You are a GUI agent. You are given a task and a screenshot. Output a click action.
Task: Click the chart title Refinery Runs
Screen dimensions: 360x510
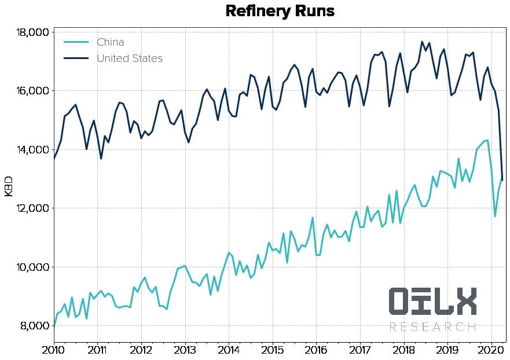280,12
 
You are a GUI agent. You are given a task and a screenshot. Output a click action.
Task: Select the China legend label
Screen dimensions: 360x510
110,42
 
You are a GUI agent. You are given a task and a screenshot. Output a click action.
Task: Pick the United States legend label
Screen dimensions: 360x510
130,58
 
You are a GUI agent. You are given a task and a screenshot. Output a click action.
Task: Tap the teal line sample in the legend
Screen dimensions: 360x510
76,42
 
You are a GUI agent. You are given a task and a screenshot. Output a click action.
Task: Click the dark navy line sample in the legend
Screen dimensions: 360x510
76,58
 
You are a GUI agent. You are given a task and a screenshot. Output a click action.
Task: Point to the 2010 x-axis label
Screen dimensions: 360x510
53,350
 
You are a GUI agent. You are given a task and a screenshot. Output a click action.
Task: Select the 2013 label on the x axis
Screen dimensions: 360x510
185,350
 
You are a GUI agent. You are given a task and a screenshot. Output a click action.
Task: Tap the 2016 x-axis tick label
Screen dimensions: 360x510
316,350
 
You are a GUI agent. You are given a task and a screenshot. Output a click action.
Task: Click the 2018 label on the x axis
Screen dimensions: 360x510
403,350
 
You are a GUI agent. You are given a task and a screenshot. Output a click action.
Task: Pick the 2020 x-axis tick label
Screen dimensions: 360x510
491,350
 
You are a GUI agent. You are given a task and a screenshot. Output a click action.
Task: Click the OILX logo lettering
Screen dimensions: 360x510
432,302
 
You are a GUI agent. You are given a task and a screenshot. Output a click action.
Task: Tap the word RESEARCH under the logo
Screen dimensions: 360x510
432,327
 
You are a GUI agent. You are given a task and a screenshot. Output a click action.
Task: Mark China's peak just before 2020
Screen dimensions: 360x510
487,140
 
